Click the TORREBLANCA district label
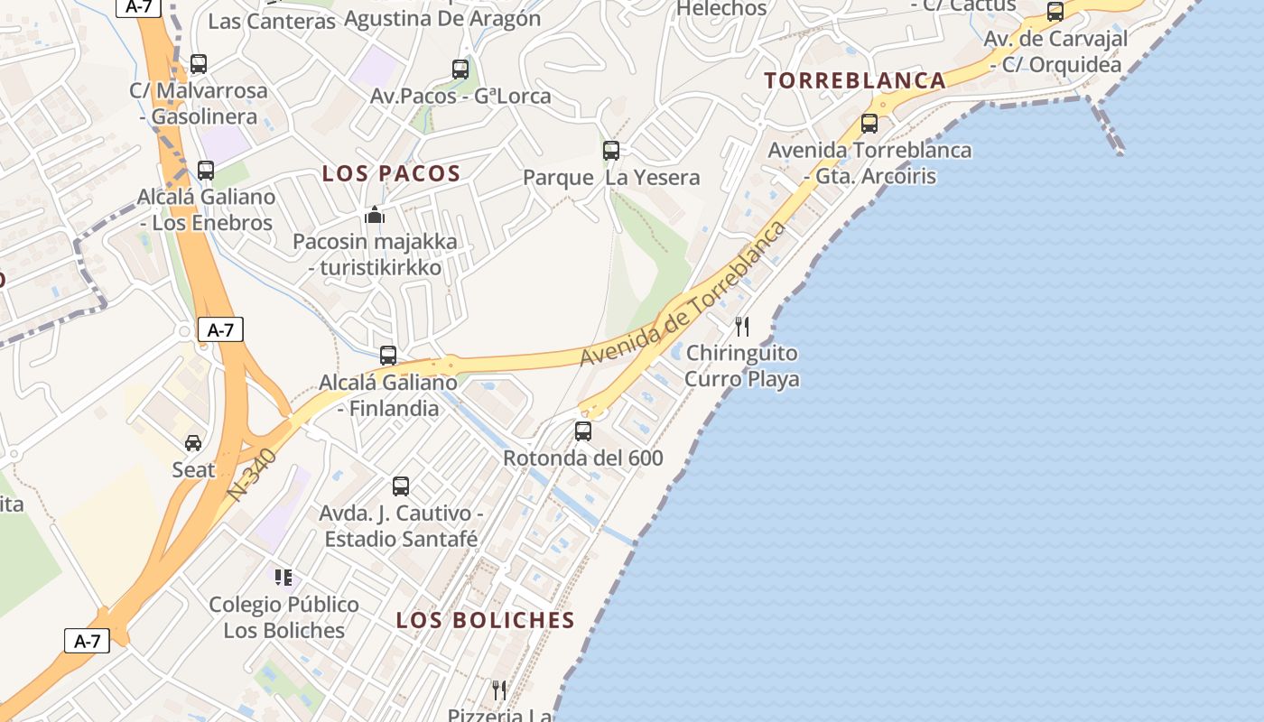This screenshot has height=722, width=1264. (854, 80)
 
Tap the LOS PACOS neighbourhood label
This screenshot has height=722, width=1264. (391, 174)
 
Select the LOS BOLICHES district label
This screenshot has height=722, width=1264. (485, 620)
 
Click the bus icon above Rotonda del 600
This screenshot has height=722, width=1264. (583, 431)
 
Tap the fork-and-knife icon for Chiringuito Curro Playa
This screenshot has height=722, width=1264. (741, 326)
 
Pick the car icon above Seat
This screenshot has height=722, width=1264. (193, 442)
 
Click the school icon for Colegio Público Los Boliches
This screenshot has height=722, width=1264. (283, 578)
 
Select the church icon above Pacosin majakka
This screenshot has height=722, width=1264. (375, 215)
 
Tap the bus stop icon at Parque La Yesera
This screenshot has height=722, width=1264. (611, 151)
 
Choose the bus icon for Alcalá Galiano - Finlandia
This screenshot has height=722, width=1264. (388, 356)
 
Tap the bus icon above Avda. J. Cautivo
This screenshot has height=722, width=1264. (401, 486)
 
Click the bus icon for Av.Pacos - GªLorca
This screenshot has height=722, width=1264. (460, 69)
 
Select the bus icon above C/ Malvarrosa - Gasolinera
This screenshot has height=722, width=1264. (199, 64)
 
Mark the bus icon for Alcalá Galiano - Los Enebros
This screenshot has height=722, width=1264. (206, 171)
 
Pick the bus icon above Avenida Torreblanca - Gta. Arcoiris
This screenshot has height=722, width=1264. (869, 124)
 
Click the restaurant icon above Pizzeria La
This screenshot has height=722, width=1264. (499, 690)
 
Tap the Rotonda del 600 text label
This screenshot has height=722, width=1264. (582, 458)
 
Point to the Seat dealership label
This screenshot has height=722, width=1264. (193, 470)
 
